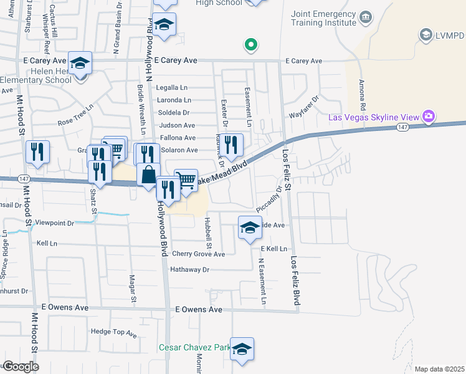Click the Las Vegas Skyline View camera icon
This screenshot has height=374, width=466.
click(x=428, y=117)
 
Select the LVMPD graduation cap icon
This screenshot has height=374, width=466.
click(x=426, y=34)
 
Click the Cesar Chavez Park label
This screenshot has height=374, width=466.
click(x=193, y=347)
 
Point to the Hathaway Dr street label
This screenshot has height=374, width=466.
click(x=191, y=270)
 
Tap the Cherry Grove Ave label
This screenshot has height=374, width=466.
click(x=198, y=254)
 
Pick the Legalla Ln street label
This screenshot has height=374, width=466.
click(x=172, y=88)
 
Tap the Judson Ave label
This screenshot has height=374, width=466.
click(x=177, y=125)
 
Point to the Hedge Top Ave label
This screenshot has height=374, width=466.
click(x=114, y=332)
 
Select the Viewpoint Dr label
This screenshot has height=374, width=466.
click(x=54, y=223)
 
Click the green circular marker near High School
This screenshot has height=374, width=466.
click(x=250, y=44)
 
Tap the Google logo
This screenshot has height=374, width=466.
click(x=21, y=367)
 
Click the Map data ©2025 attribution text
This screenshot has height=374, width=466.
click(x=439, y=369)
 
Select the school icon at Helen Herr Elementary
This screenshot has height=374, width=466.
click(x=80, y=64)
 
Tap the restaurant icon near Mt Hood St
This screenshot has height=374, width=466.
click(x=37, y=151)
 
